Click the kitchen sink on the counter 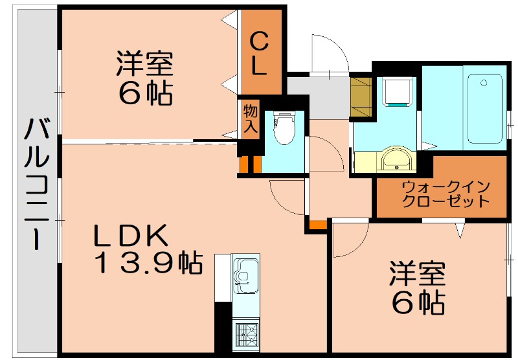[x=245, y=273]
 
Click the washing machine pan [x=396, y=91]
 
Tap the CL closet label [x=259, y=55]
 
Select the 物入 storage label [x=251, y=118]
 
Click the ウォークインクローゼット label [x=445, y=194]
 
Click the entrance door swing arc [x=329, y=52]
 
